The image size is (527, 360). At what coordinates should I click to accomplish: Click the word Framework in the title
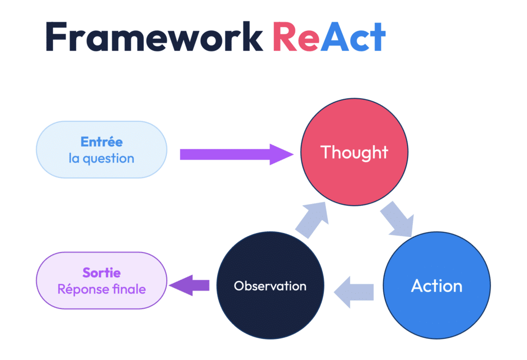tap(154, 37)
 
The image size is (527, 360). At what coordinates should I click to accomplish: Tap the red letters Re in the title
tap(296, 37)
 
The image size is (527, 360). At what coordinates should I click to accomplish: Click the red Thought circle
tap(354, 152)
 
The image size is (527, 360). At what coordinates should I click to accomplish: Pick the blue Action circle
tap(436, 285)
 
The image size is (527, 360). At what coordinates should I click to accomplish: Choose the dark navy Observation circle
tap(270, 285)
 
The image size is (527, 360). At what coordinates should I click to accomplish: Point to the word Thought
tap(354, 152)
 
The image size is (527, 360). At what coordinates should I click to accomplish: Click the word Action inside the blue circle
tap(436, 286)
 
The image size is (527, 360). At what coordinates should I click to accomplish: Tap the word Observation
tap(270, 286)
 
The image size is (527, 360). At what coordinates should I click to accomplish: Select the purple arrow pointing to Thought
tap(237, 154)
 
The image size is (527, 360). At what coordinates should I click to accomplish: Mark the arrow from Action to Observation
tap(354, 292)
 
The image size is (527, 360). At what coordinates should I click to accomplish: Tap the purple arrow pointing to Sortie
tap(189, 285)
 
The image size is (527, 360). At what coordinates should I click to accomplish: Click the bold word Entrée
tap(101, 142)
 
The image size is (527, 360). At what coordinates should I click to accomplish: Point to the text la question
tap(101, 158)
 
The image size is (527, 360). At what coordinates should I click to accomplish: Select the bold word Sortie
tap(101, 273)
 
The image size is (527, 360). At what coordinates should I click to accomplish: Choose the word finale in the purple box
tap(129, 289)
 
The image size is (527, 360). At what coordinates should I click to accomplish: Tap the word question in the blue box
tap(109, 159)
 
